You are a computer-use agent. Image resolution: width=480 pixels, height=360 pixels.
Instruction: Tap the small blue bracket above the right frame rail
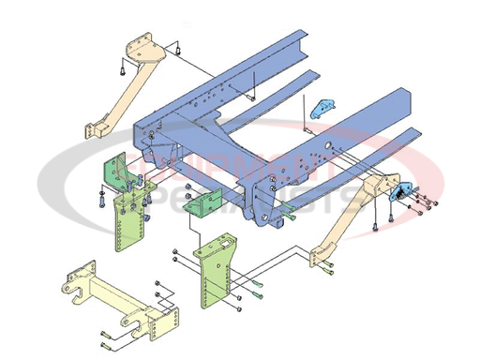[323, 107]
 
